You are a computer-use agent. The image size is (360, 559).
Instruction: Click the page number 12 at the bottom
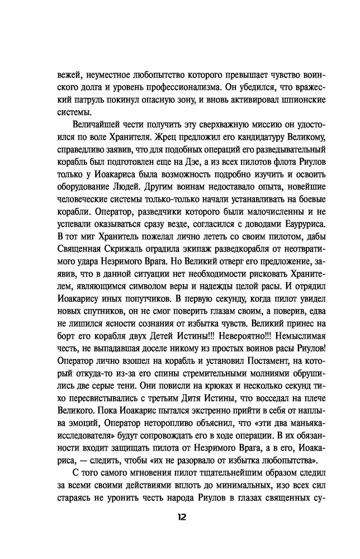point(179,517)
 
